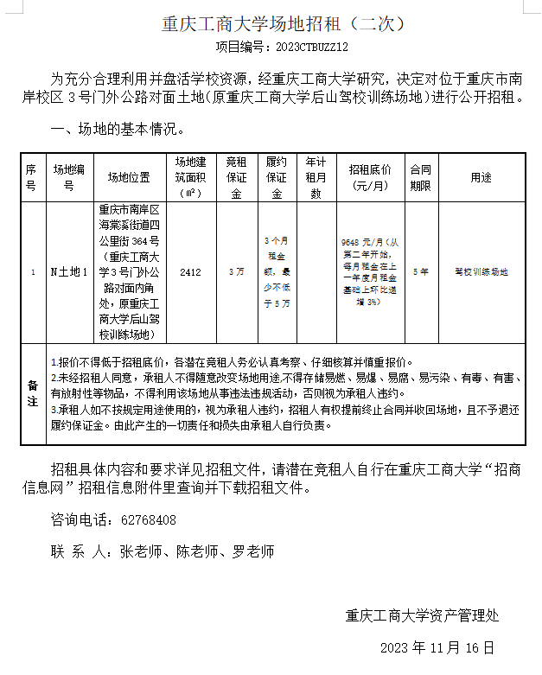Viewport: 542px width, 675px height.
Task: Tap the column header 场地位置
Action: point(129,177)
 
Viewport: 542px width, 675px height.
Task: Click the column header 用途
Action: point(481,177)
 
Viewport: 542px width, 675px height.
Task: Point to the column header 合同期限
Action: point(420,177)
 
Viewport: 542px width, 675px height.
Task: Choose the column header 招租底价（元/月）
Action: point(369,177)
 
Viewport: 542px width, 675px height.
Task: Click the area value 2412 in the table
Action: point(191,272)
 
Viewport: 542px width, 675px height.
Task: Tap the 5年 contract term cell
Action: point(420,271)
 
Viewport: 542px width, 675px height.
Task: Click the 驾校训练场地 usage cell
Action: point(481,271)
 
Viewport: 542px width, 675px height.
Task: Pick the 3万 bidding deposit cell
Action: point(236,271)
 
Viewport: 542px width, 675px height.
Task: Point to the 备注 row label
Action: point(33,394)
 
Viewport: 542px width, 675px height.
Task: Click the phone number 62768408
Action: point(148,520)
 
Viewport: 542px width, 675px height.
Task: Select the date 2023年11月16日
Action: point(437,647)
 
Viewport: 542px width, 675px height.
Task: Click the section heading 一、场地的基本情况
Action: point(118,130)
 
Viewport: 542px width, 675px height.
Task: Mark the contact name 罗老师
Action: point(253,551)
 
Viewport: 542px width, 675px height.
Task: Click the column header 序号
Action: point(32,177)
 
